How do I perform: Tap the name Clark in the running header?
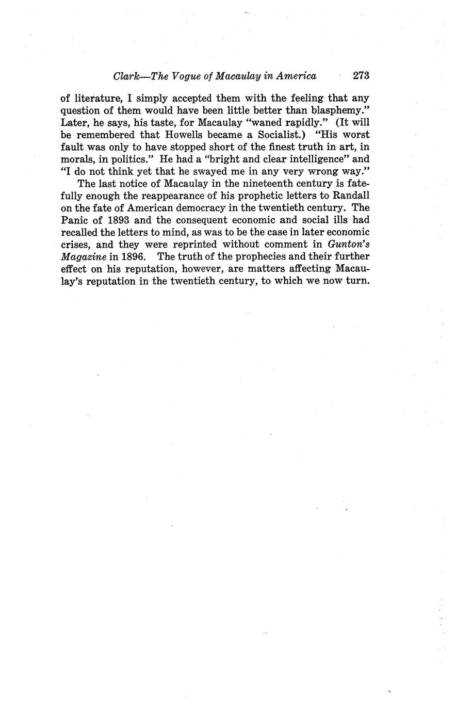[x=125, y=76]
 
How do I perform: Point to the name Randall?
[x=348, y=196]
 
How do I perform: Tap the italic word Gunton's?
[x=348, y=244]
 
